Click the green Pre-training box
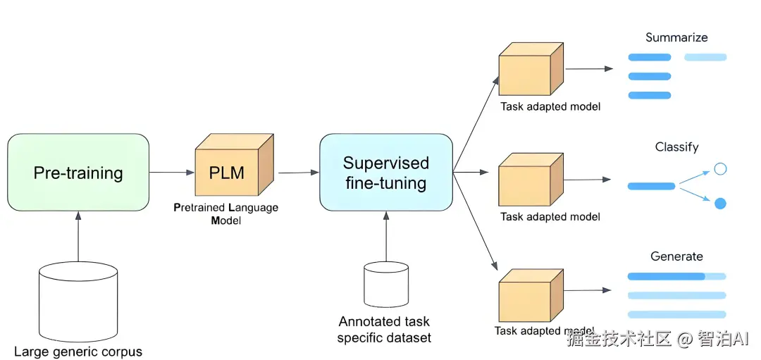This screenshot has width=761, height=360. pos(78,173)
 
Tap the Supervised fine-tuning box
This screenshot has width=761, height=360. pos(385,173)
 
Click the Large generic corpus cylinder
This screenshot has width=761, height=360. pos(78,299)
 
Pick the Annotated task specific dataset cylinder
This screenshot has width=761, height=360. pos(385,285)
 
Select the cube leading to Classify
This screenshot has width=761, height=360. pos(530,180)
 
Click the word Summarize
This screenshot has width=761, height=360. pos(676,37)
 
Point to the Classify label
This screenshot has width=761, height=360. pos(676,147)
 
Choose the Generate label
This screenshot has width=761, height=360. pos(676,256)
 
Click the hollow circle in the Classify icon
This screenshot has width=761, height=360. pos(720,169)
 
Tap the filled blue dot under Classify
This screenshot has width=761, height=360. pos(720,204)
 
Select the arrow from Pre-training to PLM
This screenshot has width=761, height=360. pos(171,172)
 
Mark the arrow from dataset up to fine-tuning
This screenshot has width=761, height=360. pos(385,236)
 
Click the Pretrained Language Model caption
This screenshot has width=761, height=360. pos(225,213)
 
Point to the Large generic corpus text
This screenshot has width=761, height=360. pos(78,352)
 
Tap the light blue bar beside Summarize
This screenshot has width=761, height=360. pos(705,57)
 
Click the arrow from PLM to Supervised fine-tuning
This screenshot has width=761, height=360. pos(298,172)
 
